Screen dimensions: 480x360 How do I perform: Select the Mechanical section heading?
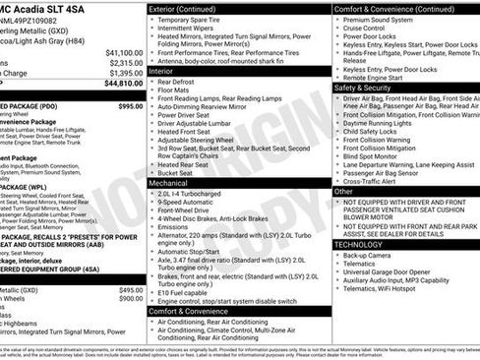coord(170,183)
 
